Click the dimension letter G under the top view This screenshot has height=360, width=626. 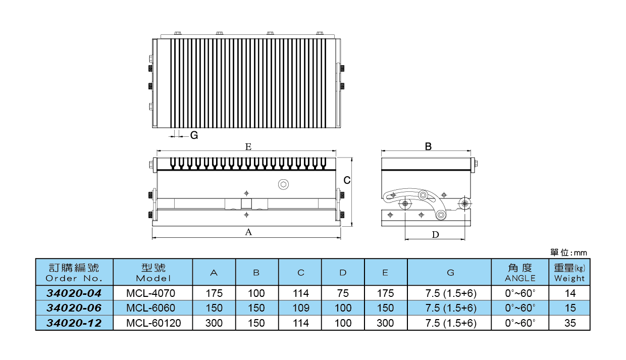click(x=194, y=135)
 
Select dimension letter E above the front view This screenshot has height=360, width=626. click(x=248, y=147)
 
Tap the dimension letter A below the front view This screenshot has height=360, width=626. click(x=248, y=232)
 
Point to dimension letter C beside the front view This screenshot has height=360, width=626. click(x=347, y=180)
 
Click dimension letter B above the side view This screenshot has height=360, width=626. click(x=428, y=147)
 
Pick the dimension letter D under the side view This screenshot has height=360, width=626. click(x=436, y=234)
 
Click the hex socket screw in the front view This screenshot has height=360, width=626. click(x=284, y=184)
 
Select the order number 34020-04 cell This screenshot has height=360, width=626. click(x=74, y=293)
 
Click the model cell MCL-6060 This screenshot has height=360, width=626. click(x=152, y=308)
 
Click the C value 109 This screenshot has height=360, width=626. click(x=300, y=308)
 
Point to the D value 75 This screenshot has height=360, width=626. click(x=343, y=293)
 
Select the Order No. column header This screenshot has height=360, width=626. click(x=74, y=272)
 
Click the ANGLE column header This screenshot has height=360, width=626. click(x=519, y=272)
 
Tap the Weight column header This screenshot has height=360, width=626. click(x=569, y=272)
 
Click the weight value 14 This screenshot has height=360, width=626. click(x=569, y=293)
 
